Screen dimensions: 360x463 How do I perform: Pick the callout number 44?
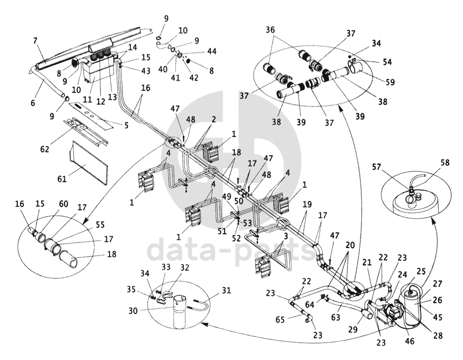(212, 51)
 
